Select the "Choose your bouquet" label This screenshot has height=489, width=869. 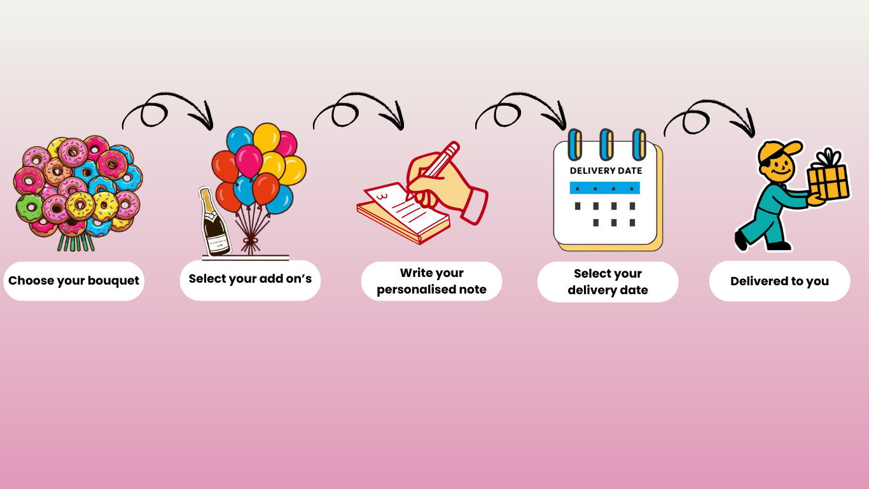click(74, 281)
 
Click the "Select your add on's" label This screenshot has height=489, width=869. click(250, 279)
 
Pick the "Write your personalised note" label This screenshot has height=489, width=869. click(431, 281)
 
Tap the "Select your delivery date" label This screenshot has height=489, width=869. click(608, 282)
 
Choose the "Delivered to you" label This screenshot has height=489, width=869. click(779, 281)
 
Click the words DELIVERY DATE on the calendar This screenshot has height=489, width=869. click(606, 171)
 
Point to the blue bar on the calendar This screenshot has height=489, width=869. click(604, 188)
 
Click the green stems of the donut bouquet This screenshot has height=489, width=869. click(75, 243)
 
